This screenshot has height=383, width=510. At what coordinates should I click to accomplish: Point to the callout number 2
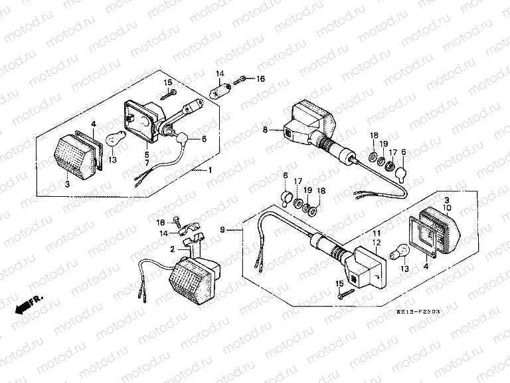(x=172, y=249)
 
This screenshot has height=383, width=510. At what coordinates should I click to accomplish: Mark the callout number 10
(x=447, y=208)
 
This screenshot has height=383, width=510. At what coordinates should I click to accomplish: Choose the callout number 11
(x=375, y=235)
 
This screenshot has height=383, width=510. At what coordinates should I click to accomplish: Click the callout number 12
(x=375, y=243)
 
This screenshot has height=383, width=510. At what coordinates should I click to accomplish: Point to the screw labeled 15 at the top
(x=169, y=94)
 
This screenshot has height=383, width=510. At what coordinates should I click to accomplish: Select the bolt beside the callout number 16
(x=244, y=79)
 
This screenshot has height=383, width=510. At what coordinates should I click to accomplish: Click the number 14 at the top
(x=219, y=72)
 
